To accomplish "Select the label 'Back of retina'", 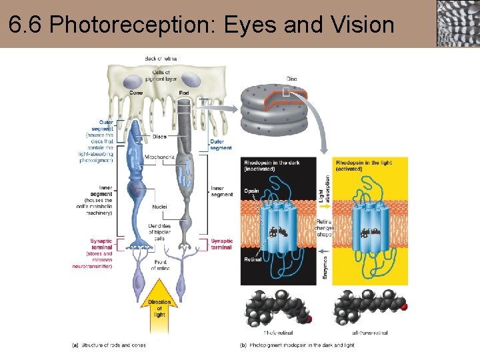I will tap(161, 59).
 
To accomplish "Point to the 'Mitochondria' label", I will tap(160, 157).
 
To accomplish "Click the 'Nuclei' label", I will tap(159, 207).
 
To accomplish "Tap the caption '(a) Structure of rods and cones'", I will tap(109, 345).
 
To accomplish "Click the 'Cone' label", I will tap(136, 93).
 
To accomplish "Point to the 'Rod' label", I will tap(184, 93).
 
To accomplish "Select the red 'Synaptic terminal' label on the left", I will tap(101, 243).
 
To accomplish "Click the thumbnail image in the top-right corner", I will tap(457, 23).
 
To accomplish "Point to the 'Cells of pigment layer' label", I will tap(161, 75).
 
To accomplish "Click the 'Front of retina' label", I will tap(160, 265).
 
